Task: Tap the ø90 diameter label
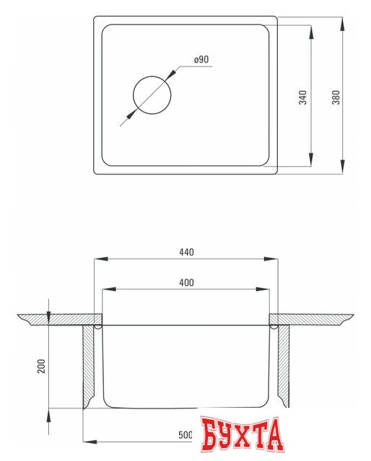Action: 201,59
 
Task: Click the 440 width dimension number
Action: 186,252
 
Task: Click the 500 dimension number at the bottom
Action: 185,435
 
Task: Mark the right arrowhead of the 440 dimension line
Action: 275,259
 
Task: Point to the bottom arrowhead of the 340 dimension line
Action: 310,163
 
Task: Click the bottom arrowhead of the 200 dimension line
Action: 49,415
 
